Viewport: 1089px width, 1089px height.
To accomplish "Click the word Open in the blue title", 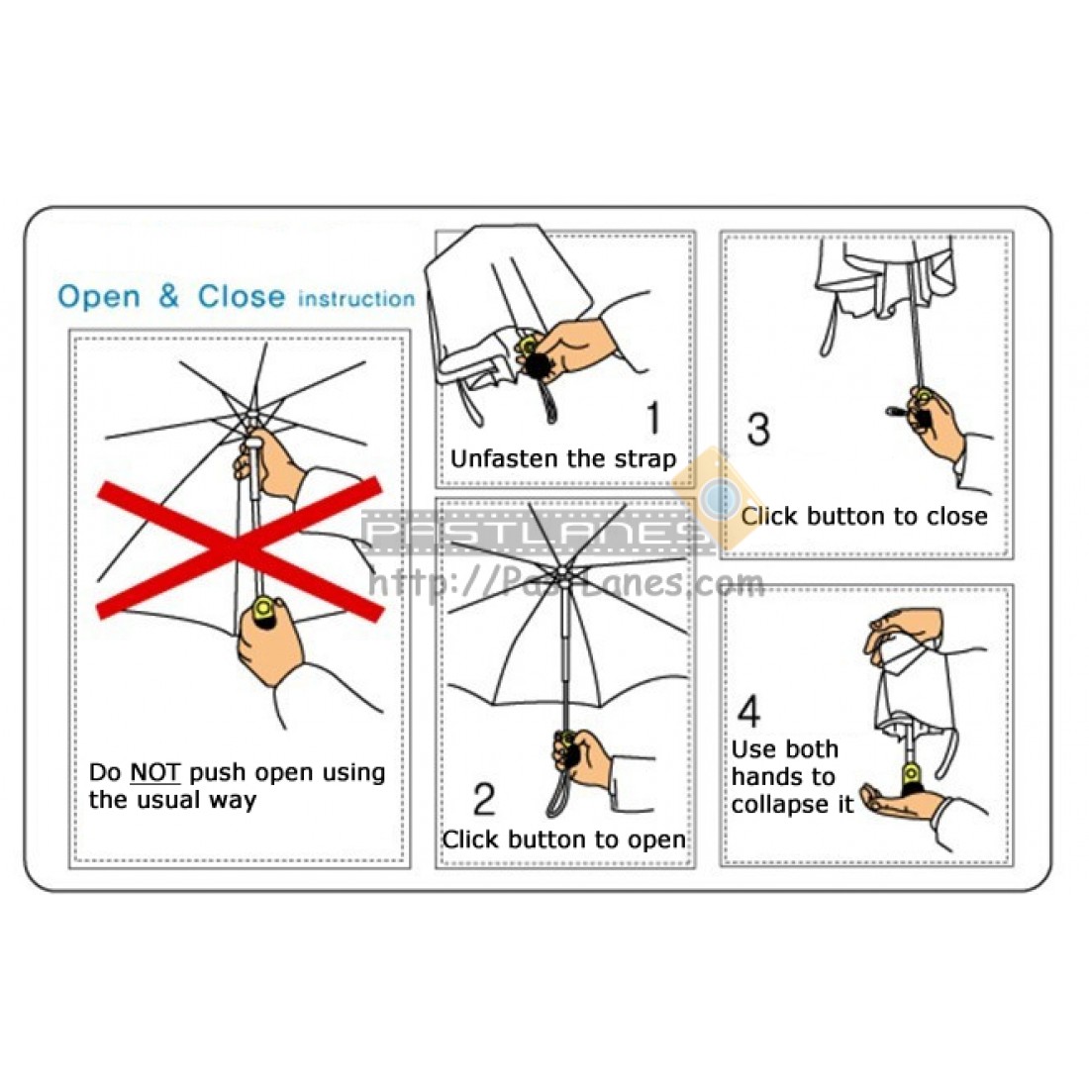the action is point(99,297).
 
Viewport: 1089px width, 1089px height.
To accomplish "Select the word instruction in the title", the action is point(356,299).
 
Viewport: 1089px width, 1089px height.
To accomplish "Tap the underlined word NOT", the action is point(154,772).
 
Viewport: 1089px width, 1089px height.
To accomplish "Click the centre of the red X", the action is point(240,548).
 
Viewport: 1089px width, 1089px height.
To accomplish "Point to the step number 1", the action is point(653,418).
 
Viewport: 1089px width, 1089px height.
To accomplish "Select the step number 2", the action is point(484,799).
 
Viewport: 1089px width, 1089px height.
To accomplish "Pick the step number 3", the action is point(758,429).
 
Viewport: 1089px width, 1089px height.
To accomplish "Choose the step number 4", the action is point(748,710).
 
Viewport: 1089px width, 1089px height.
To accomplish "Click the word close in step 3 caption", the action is point(955,516).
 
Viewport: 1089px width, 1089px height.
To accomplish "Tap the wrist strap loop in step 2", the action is point(559,789).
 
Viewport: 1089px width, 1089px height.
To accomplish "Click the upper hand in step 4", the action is point(902,628).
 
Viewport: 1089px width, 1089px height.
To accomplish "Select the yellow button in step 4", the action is point(911,771).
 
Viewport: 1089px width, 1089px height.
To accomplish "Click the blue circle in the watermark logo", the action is point(720,497).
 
